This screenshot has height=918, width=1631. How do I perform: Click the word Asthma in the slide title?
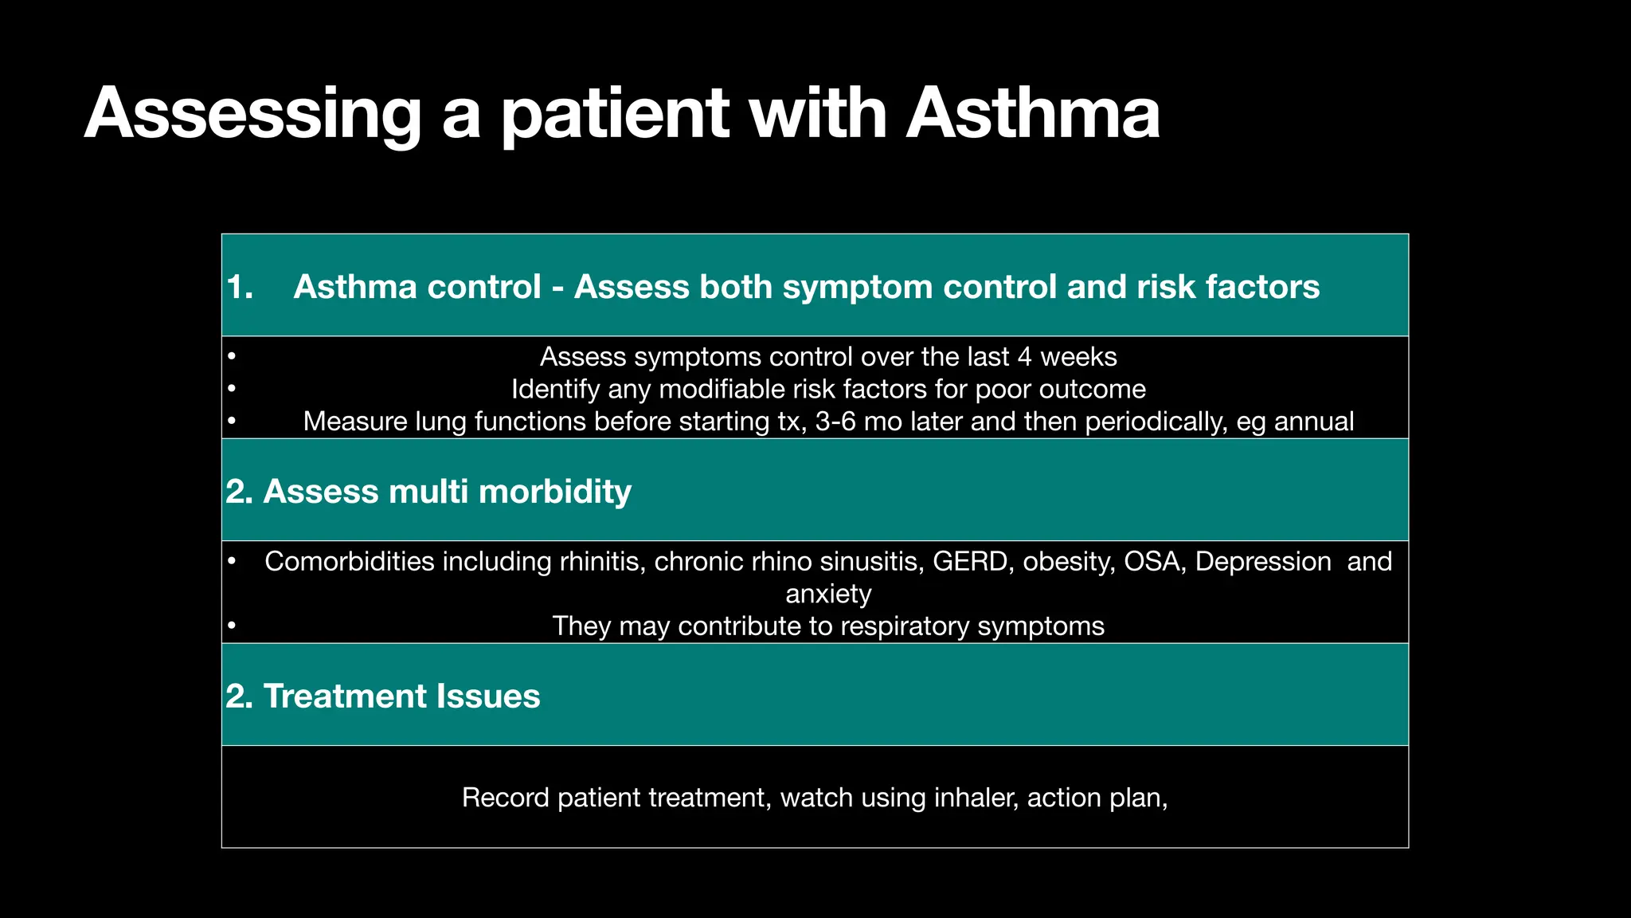[1032, 113]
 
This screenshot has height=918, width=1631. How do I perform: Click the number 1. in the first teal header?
[240, 287]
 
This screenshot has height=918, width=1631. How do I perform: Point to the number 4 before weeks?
[1025, 357]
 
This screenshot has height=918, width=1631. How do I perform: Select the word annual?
[1314, 422]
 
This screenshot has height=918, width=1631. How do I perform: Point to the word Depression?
[1263, 562]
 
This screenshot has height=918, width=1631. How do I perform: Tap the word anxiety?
[828, 594]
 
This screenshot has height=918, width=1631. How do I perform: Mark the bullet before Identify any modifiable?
[231, 390]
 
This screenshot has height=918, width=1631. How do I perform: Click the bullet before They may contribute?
[231, 626]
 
